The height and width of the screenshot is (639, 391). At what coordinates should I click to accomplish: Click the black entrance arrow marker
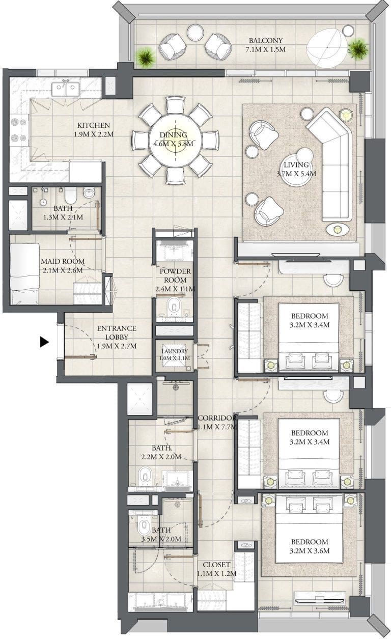pos(44,342)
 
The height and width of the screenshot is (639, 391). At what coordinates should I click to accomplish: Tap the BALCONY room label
pos(266,41)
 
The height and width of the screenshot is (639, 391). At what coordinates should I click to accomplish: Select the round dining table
pos(176,141)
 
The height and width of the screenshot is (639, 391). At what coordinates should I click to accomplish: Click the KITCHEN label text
pos(94,125)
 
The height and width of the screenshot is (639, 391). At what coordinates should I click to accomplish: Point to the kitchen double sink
pos(66,89)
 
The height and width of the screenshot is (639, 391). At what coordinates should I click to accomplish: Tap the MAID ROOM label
pos(63,261)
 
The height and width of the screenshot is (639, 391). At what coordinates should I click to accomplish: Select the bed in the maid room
pos(24,274)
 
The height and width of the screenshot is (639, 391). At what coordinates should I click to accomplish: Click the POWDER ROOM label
pos(175,275)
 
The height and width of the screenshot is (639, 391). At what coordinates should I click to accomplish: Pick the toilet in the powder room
pos(173,306)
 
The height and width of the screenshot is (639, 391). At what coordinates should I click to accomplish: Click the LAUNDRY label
pos(175,351)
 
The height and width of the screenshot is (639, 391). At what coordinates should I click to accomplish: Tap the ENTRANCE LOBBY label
pos(117,332)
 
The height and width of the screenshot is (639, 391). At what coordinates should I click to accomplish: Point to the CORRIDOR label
pos(217,418)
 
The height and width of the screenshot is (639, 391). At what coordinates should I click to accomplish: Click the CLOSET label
pos(216,565)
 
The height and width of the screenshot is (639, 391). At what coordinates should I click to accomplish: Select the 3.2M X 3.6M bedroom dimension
pos(310,550)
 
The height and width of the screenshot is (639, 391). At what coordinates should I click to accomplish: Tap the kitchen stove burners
pos(18,130)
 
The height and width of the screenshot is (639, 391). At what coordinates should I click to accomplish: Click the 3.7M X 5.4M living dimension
pos(296,174)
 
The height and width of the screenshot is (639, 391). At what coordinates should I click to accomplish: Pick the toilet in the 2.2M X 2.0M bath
pos(145,476)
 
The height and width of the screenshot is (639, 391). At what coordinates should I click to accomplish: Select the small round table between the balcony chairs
pos(195,33)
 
